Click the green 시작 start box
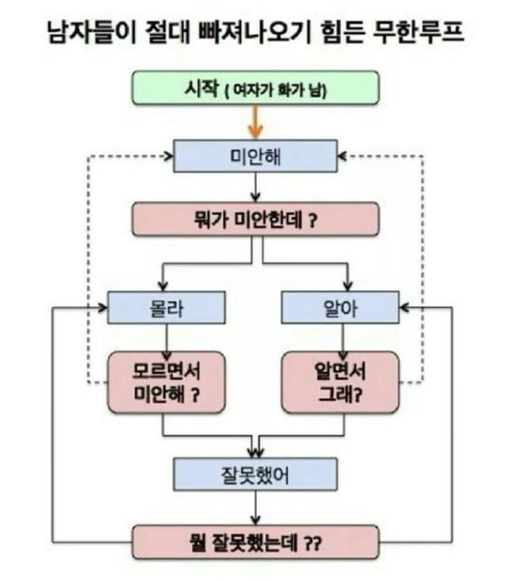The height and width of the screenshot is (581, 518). coord(255,87)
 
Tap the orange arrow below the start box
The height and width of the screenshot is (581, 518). coord(256,123)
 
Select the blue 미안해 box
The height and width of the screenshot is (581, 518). coord(256,156)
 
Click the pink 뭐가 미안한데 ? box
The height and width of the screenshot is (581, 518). coord(255,219)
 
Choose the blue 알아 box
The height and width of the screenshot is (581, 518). coord(340,308)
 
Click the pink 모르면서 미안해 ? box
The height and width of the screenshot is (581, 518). coord(167,382)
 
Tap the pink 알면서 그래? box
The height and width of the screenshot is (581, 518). coord(340,382)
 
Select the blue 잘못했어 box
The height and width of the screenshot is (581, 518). coord(256,474)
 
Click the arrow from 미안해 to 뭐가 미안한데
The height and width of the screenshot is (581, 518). coord(256,187)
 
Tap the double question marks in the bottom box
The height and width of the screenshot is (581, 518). coord(312,543)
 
